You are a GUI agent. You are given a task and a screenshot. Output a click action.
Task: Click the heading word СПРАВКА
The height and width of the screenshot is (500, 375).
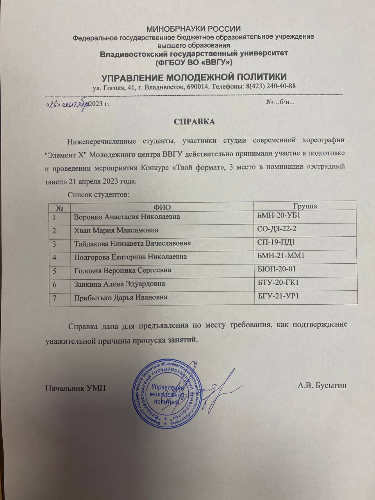[194, 121]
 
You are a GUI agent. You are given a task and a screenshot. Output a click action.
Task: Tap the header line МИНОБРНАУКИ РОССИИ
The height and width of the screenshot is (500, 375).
[193, 29]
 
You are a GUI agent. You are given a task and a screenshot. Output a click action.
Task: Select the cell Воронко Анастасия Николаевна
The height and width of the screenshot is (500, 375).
[127, 216]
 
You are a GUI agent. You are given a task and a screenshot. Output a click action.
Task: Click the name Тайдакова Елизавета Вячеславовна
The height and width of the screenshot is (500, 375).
[132, 243]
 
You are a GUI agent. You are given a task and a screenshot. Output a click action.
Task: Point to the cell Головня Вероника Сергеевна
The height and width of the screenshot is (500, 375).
[123, 270]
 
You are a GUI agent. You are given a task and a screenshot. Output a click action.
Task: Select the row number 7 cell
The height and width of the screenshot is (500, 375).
[55, 297]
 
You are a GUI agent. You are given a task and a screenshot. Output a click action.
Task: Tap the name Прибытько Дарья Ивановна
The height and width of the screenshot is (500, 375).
[121, 297]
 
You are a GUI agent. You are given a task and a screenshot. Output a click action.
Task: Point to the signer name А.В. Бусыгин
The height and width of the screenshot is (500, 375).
[322, 386]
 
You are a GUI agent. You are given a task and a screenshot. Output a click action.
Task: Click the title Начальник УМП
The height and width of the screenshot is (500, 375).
[75, 388]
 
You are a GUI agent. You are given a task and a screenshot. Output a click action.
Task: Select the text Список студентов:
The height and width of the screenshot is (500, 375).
[98, 194]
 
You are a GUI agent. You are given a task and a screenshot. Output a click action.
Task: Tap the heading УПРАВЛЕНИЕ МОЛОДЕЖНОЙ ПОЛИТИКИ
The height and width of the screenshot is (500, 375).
[194, 77]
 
